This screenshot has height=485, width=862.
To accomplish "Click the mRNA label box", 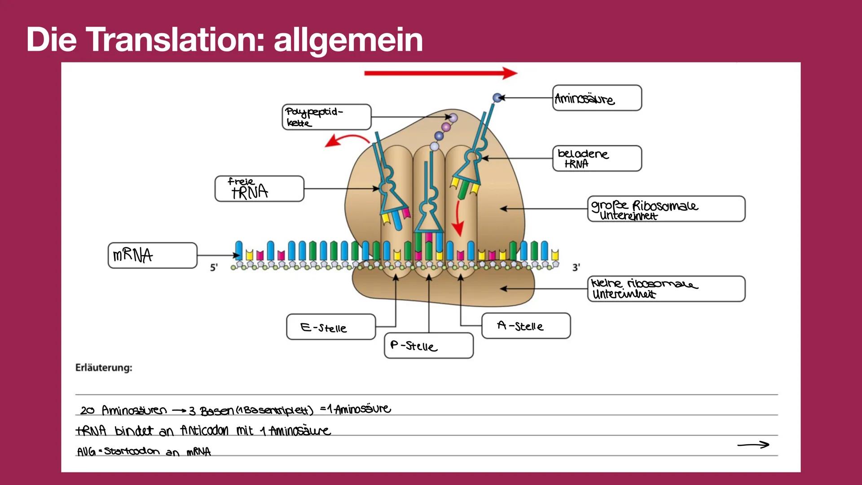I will (x=152, y=256).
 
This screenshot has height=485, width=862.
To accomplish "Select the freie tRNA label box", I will (x=259, y=189).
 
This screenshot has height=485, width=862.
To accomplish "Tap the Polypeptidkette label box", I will (x=326, y=117).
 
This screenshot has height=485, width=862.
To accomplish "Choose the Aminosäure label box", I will (x=597, y=98).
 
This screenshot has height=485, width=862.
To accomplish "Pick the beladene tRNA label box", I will (x=597, y=159).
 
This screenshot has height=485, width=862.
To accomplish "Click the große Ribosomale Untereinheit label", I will (x=666, y=209).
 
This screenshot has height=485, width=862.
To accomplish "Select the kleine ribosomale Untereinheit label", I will (x=666, y=289).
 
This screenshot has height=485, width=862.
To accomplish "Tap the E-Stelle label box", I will (x=330, y=327).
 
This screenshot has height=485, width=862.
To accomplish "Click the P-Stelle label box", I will (x=428, y=346).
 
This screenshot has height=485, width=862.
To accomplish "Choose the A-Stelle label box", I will (x=526, y=326).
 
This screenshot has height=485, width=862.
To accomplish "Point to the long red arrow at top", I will (x=440, y=73).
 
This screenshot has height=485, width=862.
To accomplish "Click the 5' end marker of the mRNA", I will (x=214, y=267).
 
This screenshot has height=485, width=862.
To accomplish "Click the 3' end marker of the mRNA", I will (x=576, y=267).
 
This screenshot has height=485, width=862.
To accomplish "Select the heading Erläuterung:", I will (x=104, y=368).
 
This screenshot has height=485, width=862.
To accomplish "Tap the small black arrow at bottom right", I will (x=753, y=445).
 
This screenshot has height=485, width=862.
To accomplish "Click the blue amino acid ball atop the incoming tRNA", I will (x=497, y=97).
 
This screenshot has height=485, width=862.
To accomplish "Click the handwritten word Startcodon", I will (x=132, y=451).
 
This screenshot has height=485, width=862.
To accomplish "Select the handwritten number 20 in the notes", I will (x=88, y=410).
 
